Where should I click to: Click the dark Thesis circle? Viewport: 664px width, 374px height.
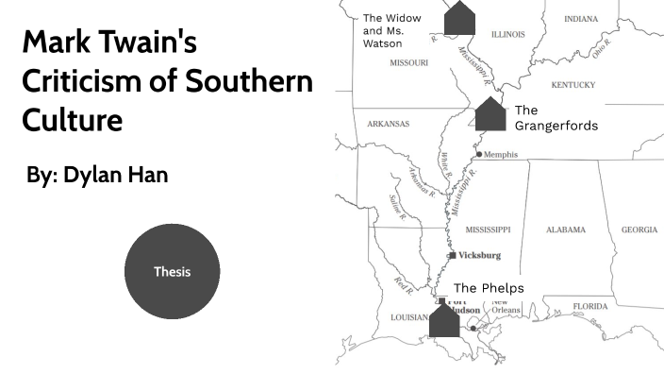172,271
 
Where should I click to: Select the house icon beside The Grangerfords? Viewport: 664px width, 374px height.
490,114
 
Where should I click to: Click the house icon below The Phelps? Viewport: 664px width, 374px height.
443,320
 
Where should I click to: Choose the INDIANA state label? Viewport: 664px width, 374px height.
580,19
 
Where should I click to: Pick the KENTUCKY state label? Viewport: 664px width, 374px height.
573,85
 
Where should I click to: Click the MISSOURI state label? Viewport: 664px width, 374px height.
409,62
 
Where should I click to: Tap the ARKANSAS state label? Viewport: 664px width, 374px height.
388,124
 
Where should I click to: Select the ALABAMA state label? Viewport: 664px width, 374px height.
566,229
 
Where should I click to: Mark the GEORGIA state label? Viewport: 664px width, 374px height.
639,229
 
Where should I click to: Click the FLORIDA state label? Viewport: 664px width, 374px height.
589,306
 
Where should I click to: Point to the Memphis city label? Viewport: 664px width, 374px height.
501,155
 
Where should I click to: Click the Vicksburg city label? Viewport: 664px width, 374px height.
479,256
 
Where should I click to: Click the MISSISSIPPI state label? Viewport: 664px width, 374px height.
488,229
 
